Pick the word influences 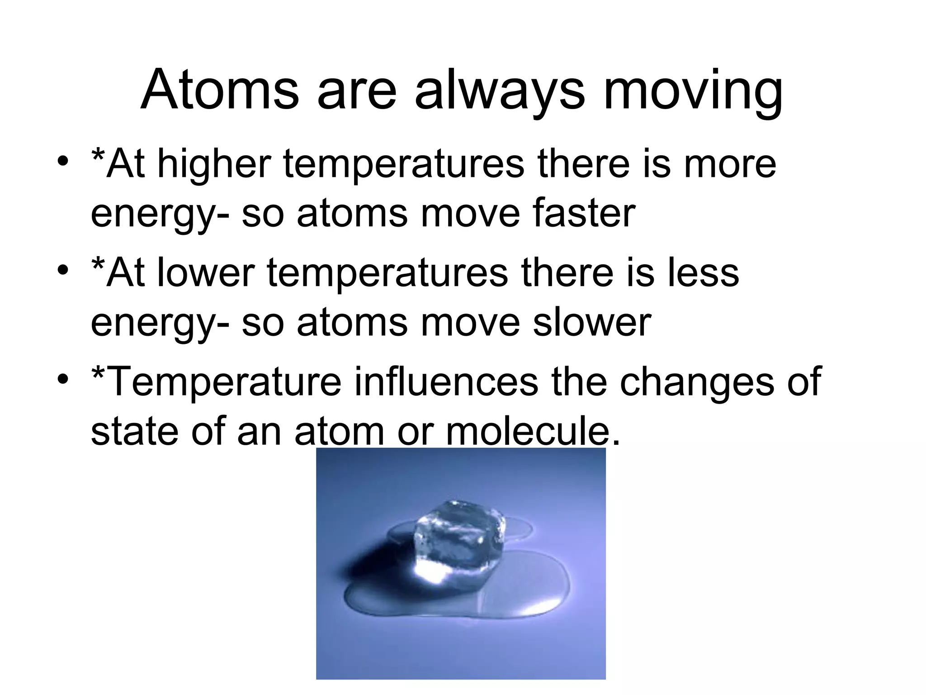click(445, 382)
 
